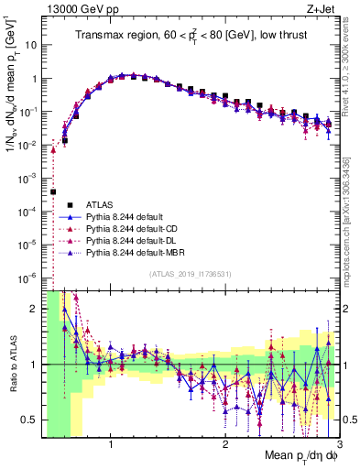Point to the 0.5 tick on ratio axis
tap(31, 420)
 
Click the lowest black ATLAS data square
tap(53, 191)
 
